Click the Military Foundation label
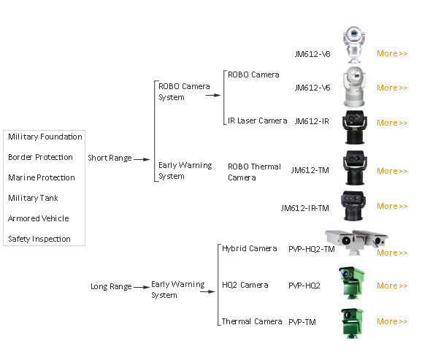(45, 137)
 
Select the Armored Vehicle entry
(39, 218)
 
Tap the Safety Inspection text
(39, 239)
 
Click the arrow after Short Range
(142, 159)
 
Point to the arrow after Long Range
(142, 287)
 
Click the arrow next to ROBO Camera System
(213, 95)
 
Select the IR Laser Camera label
(257, 120)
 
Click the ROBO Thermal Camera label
(254, 172)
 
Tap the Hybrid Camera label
(249, 248)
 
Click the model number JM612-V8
(312, 54)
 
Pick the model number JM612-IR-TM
(304, 208)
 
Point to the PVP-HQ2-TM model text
(311, 249)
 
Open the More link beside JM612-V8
(392, 53)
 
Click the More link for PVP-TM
(392, 321)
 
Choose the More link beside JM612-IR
(392, 123)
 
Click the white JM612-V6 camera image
(354, 87)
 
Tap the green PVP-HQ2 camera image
(351, 283)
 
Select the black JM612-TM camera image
(355, 168)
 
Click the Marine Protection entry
(42, 177)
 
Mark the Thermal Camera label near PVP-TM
(252, 321)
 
